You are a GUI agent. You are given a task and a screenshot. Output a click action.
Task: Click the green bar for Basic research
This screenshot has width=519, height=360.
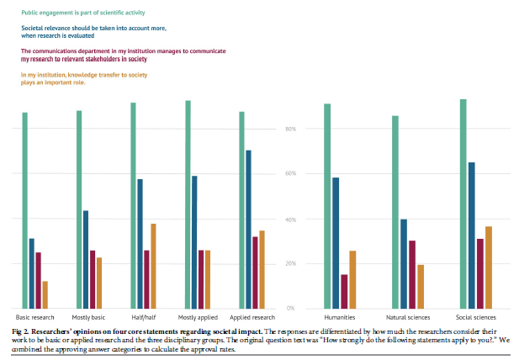pyautogui.click(x=25, y=210)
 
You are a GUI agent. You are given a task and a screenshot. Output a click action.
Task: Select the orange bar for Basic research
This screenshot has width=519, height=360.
pyautogui.click(x=45, y=294)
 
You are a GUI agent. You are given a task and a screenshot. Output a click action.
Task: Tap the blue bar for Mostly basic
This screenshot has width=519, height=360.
pyautogui.click(x=86, y=259)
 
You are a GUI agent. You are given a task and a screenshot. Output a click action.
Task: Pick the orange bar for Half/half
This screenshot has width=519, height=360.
pyautogui.click(x=153, y=266)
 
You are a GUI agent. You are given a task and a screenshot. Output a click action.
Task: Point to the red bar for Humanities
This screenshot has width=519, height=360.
pyautogui.click(x=345, y=291)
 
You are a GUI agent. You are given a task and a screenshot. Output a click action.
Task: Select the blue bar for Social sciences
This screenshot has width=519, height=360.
pyautogui.click(x=472, y=235)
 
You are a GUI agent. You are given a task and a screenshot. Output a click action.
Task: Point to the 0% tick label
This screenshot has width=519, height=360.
pyautogui.click(x=290, y=308)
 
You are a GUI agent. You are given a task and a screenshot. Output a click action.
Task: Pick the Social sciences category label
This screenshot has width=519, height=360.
pyautogui.click(x=476, y=318)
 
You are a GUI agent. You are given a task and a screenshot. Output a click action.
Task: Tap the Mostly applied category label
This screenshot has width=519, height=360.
pyautogui.click(x=196, y=318)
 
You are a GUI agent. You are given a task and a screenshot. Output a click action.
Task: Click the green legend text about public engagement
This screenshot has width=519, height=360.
pyautogui.click(x=82, y=14)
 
